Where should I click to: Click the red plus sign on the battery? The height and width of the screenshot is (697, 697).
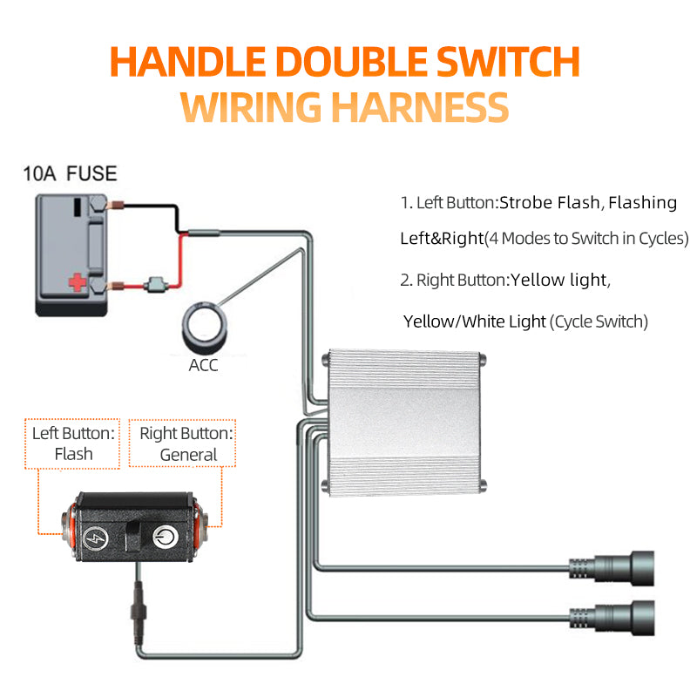pyautogui.click(x=77, y=282)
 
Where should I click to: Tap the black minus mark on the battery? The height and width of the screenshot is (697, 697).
pyautogui.click(x=78, y=207)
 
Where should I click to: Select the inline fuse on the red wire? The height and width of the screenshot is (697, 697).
pyautogui.click(x=155, y=285)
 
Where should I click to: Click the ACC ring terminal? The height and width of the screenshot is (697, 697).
pyautogui.click(x=205, y=327)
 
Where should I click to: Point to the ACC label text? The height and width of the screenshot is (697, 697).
pyautogui.click(x=203, y=365)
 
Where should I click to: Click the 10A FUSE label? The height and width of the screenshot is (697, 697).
pyautogui.click(x=70, y=173)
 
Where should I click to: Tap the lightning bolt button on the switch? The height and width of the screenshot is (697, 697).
pyautogui.click(x=95, y=538)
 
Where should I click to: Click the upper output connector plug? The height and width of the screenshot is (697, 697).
pyautogui.click(x=612, y=568)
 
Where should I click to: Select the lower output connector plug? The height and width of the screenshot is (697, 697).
pyautogui.click(x=612, y=618)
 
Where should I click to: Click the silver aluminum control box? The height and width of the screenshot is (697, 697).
pyautogui.click(x=403, y=423)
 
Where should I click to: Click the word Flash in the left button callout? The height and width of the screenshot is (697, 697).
pyautogui.click(x=74, y=454)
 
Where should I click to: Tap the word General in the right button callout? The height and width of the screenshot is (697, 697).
pyautogui.click(x=188, y=455)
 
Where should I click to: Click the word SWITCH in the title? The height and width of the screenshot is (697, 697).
pyautogui.click(x=508, y=62)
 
